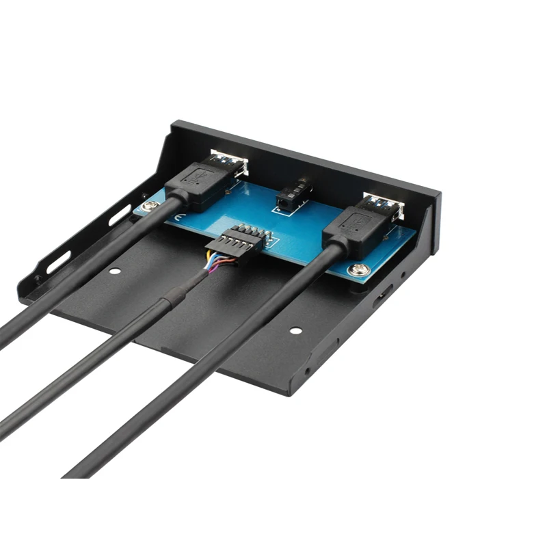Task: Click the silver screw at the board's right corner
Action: pyautogui.click(x=358, y=270)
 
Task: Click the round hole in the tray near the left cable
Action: pyautogui.click(x=115, y=271)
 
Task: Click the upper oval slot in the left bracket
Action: pyautogui.click(x=120, y=215)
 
